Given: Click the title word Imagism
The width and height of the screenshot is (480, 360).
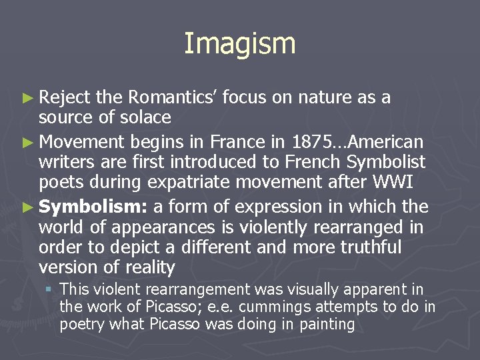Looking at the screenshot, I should pos(239,44).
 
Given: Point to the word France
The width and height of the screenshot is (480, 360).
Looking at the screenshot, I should pos(235,141).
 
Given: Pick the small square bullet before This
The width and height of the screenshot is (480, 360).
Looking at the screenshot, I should pos(49,290).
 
